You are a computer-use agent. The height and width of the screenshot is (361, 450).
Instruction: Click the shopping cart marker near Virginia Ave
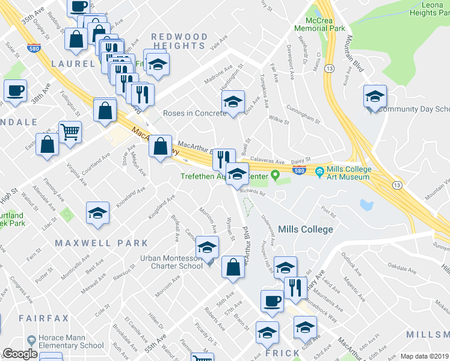70,131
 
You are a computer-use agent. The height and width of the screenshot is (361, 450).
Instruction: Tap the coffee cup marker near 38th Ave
16,91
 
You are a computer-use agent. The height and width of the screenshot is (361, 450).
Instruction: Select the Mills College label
306,229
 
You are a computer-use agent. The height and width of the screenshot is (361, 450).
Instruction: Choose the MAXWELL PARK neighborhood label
101,243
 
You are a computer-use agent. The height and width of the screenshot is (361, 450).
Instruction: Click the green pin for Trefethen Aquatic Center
276,176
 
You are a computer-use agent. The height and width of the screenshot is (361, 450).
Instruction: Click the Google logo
20,354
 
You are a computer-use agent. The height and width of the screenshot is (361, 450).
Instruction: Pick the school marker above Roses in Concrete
233,101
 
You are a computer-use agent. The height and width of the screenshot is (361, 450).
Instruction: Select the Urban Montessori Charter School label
171,262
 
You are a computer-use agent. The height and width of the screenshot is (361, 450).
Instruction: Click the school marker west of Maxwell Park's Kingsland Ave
97,213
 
